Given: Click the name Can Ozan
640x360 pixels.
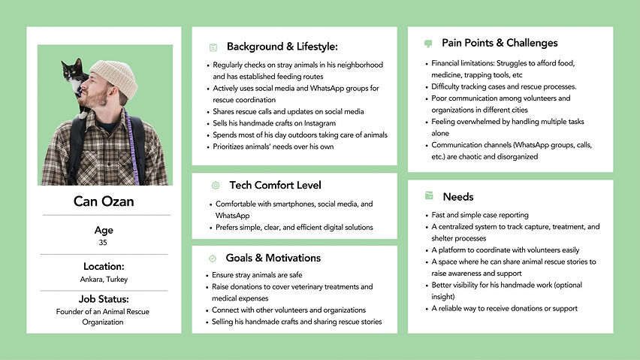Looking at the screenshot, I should click(x=104, y=201).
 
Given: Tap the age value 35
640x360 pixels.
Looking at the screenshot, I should click(x=104, y=243).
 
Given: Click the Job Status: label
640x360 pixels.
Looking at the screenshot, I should click(x=104, y=300).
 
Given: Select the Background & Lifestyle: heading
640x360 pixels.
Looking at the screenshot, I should click(x=282, y=47).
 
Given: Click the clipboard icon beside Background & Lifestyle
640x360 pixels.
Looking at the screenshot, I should click(x=213, y=47).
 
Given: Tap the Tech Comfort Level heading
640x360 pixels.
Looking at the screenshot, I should click(x=274, y=185).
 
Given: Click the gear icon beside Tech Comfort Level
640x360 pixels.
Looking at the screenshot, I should click(x=216, y=185).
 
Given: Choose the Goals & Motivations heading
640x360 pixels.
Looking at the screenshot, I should click(x=273, y=258).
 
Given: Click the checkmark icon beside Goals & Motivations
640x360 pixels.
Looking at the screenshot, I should click(x=213, y=259).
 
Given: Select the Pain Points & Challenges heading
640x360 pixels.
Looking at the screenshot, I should click(x=500, y=43).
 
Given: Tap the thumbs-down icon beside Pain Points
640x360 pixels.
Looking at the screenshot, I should click(x=429, y=44).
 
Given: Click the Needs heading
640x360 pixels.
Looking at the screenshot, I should click(x=458, y=197).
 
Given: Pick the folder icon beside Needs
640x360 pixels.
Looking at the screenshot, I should click(x=429, y=196).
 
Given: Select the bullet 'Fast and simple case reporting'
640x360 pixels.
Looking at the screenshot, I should click(x=480, y=215).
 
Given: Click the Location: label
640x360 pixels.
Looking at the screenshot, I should click(x=104, y=266).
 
